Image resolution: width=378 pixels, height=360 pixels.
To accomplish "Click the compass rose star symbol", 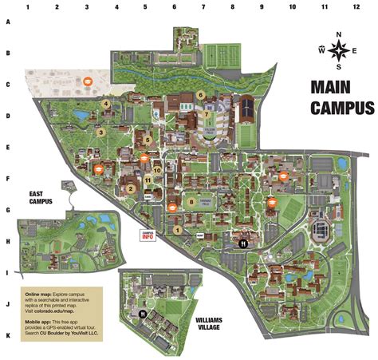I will tap(339, 49).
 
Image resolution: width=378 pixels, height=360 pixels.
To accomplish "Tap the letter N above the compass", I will tap(339, 34).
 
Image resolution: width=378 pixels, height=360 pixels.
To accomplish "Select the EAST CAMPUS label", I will tap(40, 197).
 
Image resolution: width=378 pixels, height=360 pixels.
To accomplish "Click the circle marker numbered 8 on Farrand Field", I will tap(192, 202).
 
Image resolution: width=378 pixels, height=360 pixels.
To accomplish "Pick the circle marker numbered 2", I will tap(129, 188).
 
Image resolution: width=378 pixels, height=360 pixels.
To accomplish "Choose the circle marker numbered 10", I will tap(158, 169).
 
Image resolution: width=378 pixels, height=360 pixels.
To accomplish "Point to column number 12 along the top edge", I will tap(355, 6).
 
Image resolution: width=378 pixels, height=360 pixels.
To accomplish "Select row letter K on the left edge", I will tap(7, 335).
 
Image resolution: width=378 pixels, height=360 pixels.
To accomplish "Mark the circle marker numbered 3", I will tap(100, 133).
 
